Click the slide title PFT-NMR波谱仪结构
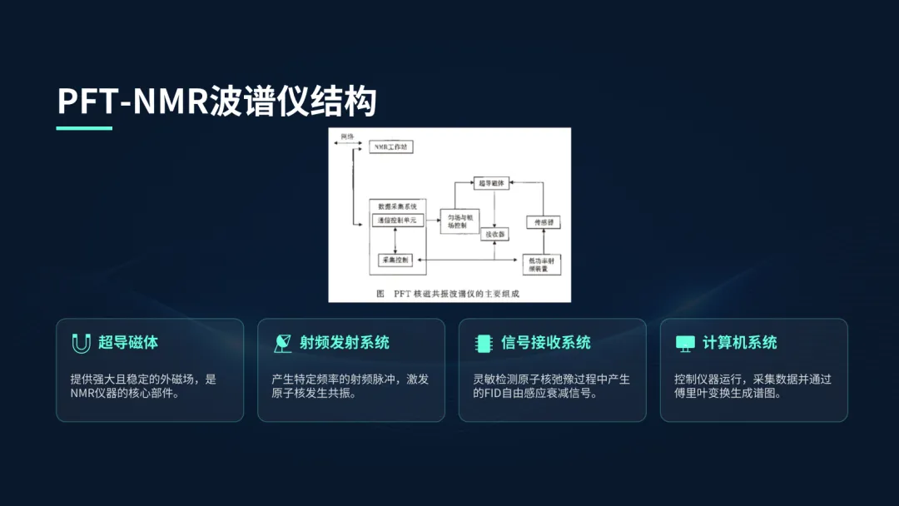(216, 101)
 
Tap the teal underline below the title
(84, 128)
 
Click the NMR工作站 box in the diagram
(391, 146)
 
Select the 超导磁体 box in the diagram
(491, 181)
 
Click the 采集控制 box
(395, 260)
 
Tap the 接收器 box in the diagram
(496, 234)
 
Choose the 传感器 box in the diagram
(543, 222)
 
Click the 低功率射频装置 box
(542, 264)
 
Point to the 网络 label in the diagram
(347, 136)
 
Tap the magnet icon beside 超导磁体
(81, 343)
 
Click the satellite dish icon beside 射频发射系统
(282, 343)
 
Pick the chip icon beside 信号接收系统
(484, 343)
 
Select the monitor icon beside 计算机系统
(685, 343)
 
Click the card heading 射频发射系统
(345, 343)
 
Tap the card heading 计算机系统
(740, 343)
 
